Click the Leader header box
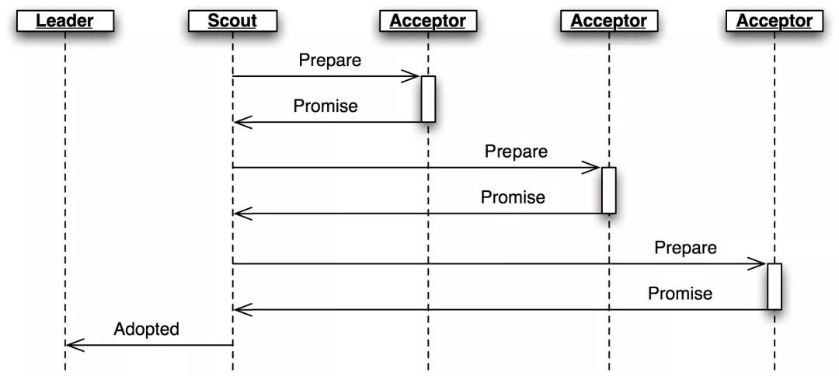click(x=64, y=20)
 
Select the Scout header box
click(x=232, y=20)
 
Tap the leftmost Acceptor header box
click(x=427, y=20)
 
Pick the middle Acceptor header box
click(x=608, y=20)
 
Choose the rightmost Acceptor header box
click(x=774, y=20)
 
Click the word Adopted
click(x=146, y=329)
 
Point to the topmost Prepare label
click(x=330, y=60)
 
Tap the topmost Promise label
click(x=326, y=106)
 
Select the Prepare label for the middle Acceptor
click(x=516, y=151)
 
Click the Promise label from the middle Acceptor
click(x=513, y=197)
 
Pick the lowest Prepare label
click(x=685, y=248)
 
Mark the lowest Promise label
click(x=680, y=293)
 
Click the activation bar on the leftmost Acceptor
click(x=428, y=99)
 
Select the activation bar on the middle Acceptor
click(x=609, y=190)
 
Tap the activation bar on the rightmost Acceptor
click(x=775, y=287)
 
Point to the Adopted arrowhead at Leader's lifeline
click(x=71, y=345)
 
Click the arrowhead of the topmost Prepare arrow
click(x=413, y=76)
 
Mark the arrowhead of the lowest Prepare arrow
click(x=760, y=264)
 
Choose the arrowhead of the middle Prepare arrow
click(x=594, y=168)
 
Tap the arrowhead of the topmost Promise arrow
click(x=240, y=122)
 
